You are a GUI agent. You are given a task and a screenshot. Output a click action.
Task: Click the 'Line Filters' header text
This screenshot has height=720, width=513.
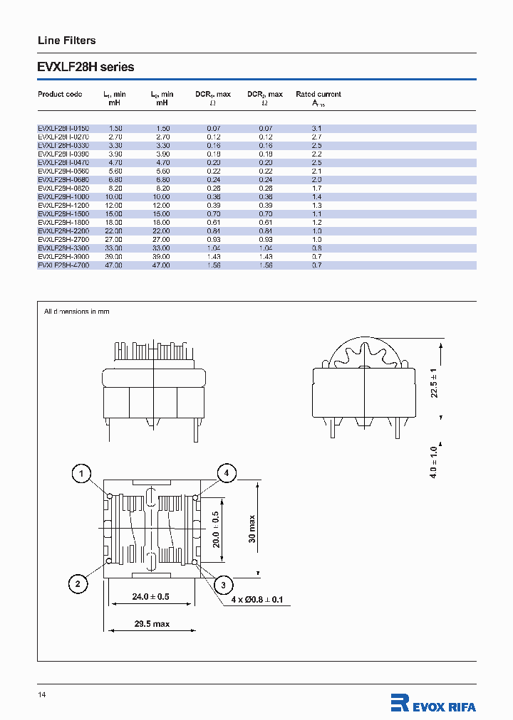66,41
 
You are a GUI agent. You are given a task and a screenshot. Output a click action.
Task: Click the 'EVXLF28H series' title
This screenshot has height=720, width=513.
85,68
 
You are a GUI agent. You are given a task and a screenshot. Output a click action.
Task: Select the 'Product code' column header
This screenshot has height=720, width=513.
60,94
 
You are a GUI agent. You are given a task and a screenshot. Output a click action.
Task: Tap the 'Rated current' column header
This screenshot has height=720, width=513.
318,94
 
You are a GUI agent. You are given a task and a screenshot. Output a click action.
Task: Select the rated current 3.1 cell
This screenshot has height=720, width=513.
317,128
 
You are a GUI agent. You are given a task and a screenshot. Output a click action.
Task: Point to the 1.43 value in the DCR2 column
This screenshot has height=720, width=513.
265,256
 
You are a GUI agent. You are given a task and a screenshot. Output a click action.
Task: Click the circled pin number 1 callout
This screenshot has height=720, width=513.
82,473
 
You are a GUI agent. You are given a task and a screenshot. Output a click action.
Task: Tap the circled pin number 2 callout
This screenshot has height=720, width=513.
78,584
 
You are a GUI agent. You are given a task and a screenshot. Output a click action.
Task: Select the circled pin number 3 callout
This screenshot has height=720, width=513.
223,585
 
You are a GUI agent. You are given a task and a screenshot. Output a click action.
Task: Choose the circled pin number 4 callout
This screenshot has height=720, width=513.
227,473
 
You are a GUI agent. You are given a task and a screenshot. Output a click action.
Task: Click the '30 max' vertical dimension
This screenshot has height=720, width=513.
252,528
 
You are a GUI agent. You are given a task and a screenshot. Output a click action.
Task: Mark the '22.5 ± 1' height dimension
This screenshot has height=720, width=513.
435,381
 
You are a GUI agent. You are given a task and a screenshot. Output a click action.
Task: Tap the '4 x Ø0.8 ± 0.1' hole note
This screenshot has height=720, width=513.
256,600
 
